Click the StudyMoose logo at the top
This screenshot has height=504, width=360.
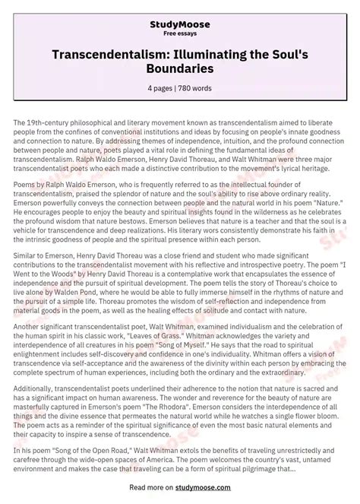coord(180,11)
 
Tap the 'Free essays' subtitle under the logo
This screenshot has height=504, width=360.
coord(180,22)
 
